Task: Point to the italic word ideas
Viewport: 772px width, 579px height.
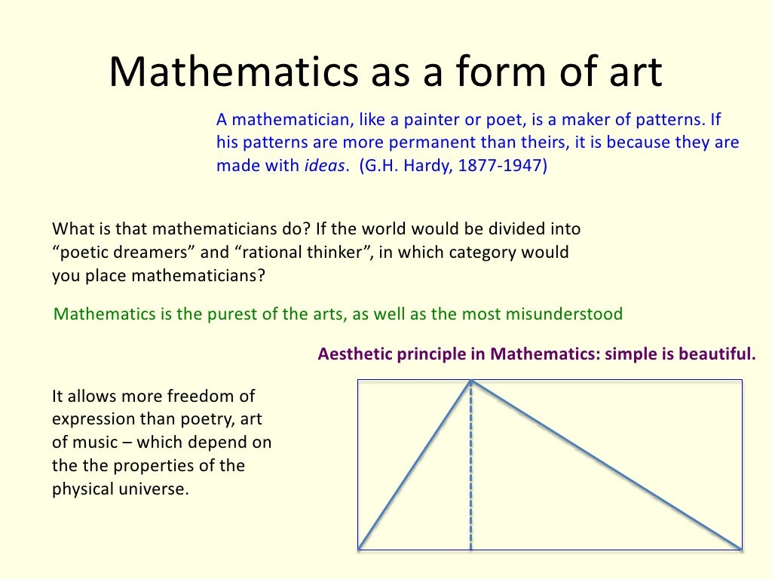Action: (324, 167)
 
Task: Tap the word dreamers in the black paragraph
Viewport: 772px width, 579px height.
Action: (152, 252)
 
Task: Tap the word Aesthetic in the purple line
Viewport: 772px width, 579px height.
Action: (354, 354)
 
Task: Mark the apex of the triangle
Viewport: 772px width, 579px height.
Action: (471, 381)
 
